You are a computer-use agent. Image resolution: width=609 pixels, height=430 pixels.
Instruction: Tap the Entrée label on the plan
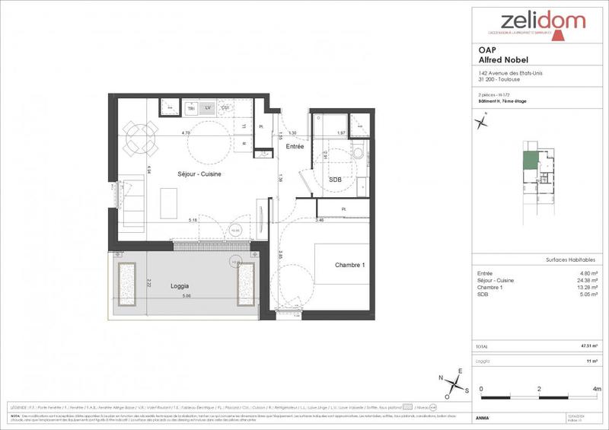[x=295, y=147]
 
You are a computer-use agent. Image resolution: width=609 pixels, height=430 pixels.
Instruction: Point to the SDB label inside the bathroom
[x=334, y=180]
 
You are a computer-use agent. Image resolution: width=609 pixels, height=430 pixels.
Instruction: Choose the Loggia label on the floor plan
[x=180, y=286]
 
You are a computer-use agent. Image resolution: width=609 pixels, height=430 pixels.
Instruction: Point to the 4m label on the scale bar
[x=598, y=389]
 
